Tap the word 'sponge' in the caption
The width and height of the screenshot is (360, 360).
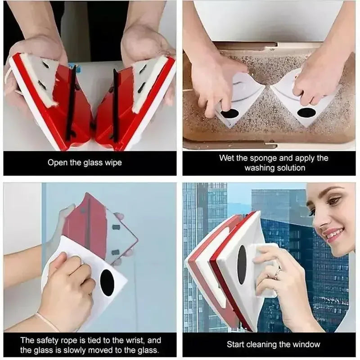pos(260,158)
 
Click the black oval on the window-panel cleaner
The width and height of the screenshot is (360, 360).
pos(242,265)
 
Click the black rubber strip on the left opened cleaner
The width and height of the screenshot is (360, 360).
pos(71,104)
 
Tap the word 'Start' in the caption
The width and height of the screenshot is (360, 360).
pos(237,344)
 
